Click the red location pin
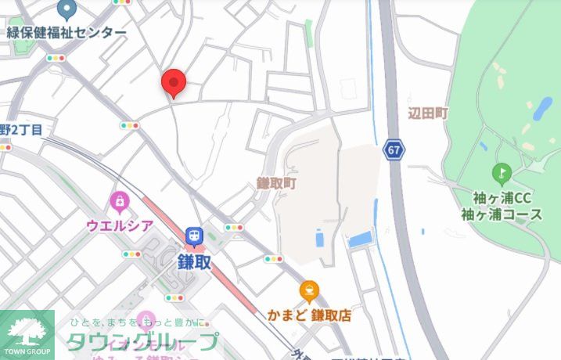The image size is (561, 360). tap(173, 81)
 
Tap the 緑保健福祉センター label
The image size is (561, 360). tap(67, 32)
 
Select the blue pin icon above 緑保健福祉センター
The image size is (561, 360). tap(67, 10)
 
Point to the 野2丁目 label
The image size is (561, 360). tap(21, 129)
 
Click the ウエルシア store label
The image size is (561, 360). tap(119, 225)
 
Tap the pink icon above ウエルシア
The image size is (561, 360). tap(119, 203)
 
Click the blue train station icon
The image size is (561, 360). tap(193, 235)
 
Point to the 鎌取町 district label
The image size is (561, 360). tap(277, 183)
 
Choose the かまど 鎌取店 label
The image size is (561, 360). tap(309, 315)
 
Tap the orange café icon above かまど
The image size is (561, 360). tap(309, 292)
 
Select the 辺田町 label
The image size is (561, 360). tap(427, 113)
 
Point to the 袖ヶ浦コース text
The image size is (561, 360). tap(502, 214)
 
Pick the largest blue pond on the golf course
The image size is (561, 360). tap(541, 110)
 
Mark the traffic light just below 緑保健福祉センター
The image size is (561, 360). tap(56, 58)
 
